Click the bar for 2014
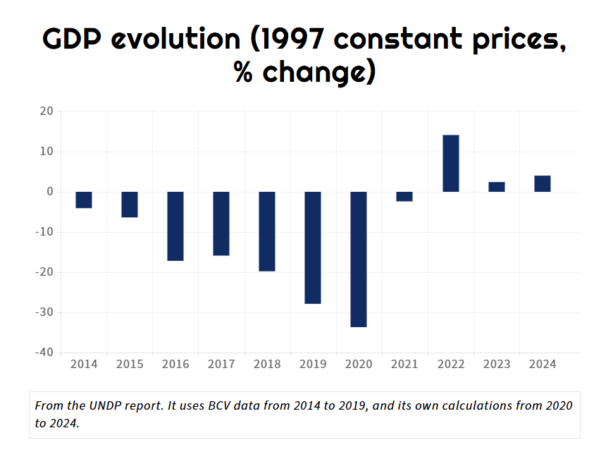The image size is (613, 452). click(x=84, y=200)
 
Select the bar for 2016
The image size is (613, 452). click(x=175, y=226)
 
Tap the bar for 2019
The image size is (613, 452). click(x=313, y=248)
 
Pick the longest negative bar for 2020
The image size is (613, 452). click(x=359, y=259)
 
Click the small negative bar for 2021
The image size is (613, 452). click(x=404, y=196)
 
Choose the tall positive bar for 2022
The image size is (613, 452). click(x=450, y=163)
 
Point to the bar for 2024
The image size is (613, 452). click(x=542, y=183)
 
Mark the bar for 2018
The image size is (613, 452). click(x=267, y=231)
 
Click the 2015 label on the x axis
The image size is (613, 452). click(x=130, y=364)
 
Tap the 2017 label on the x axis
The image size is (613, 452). click(x=221, y=364)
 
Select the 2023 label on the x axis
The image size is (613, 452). click(x=497, y=364)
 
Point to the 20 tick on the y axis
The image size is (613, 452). click(x=47, y=111)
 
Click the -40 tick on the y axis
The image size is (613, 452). click(x=44, y=353)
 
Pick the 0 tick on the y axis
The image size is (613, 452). click(x=50, y=192)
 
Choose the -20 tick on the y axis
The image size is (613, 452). click(x=44, y=272)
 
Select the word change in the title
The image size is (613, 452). click(x=314, y=72)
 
